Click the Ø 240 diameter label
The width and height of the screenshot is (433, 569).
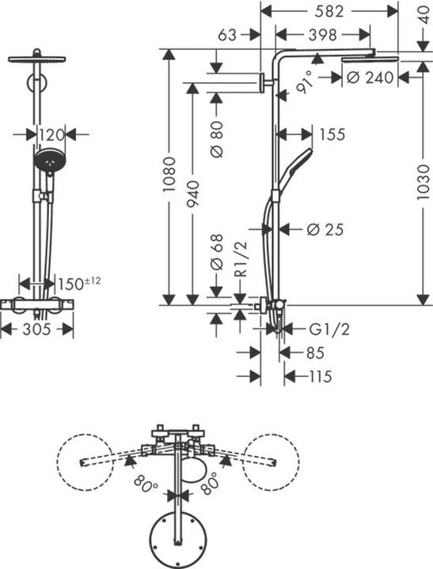point(369,77)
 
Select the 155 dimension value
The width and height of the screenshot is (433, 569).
point(332,135)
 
